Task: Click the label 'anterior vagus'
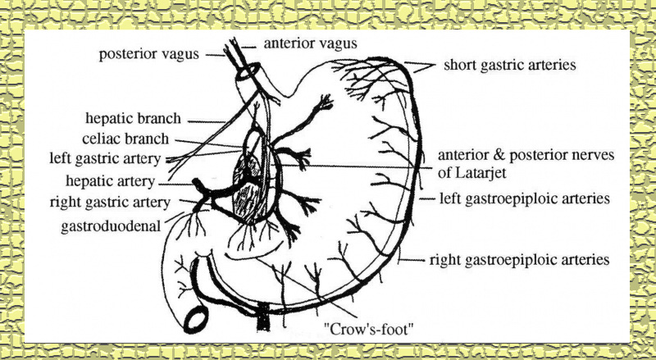click(312, 43)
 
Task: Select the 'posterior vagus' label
click(150, 55)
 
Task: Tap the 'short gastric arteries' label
click(508, 64)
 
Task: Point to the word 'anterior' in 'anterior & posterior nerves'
click(466, 154)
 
